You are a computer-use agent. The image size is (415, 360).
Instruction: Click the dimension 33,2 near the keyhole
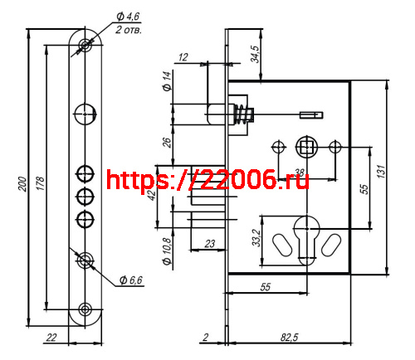click(x=257, y=241)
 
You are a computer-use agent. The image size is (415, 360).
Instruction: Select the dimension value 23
click(x=209, y=243)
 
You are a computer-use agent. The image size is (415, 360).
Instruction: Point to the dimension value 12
click(x=183, y=56)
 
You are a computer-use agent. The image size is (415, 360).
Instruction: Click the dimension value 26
click(x=167, y=143)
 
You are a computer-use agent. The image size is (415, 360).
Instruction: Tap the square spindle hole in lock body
click(x=305, y=148)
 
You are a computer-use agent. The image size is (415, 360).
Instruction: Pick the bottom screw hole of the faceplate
click(x=85, y=310)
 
